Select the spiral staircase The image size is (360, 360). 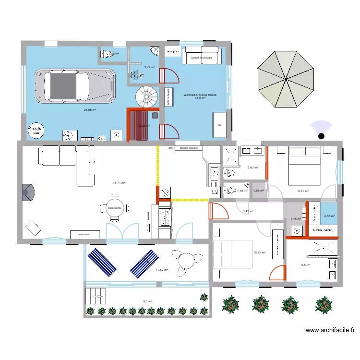[146, 97]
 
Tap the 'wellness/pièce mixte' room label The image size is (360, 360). [200, 95]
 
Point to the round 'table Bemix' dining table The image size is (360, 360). [114, 207]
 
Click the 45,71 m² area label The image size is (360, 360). [119, 183]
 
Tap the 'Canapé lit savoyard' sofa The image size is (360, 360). [202, 56]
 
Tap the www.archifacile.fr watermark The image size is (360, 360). [331, 330]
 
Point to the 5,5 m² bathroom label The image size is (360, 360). [305, 265]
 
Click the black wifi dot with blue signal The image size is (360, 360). [321, 136]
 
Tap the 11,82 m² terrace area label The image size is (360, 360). [162, 270]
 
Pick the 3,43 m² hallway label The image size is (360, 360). [248, 211]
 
